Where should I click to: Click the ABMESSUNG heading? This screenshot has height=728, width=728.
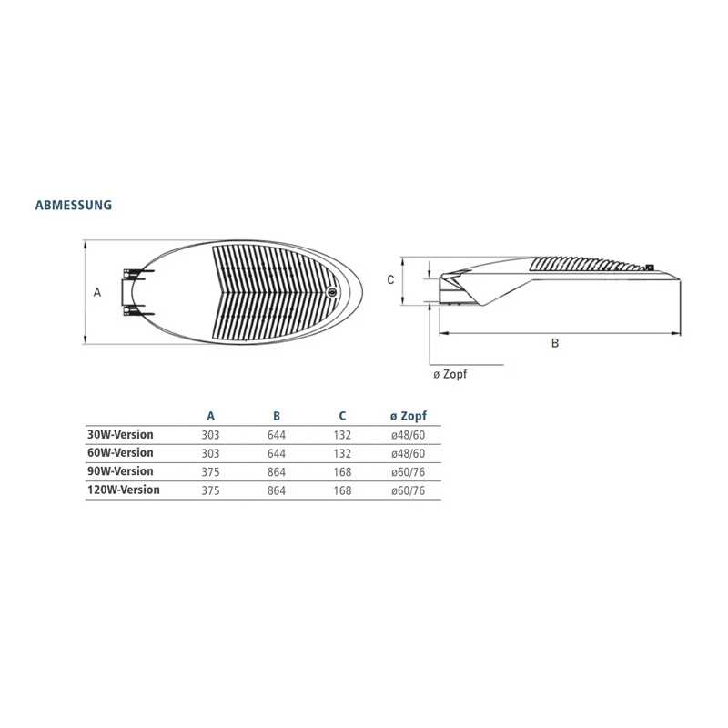[x=74, y=205]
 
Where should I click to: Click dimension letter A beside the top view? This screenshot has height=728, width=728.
[x=97, y=292]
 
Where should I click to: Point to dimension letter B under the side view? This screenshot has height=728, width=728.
[x=555, y=343]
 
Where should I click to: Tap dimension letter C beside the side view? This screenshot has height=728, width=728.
[x=390, y=279]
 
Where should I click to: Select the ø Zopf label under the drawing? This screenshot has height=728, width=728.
[x=450, y=374]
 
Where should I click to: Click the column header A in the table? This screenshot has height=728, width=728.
[x=211, y=416]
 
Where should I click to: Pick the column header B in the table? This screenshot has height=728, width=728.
[x=277, y=416]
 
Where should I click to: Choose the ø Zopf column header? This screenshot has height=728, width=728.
[x=409, y=416]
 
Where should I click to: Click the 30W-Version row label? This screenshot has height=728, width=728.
[x=120, y=435]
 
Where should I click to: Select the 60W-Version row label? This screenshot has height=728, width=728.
[x=120, y=452]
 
